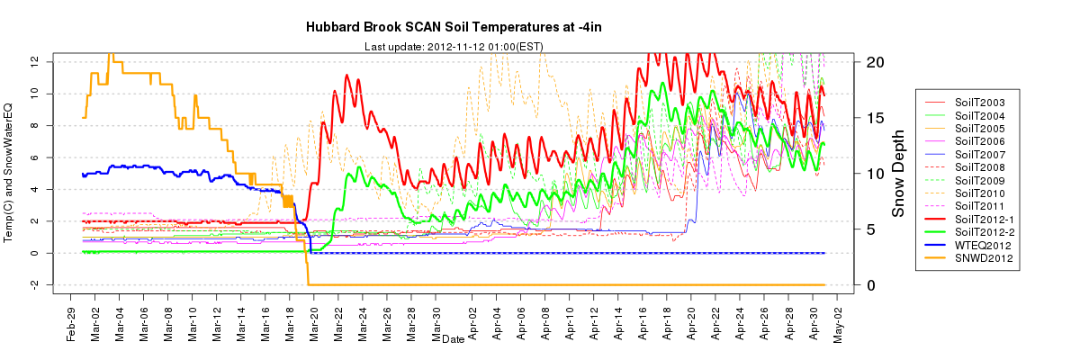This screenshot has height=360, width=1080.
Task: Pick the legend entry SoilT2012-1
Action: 982,219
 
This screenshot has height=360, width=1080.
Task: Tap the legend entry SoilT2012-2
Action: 982,232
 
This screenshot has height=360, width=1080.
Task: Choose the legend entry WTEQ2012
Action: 979,245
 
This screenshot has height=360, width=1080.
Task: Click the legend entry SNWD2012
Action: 979,258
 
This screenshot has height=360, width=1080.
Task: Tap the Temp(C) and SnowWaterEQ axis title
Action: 12,172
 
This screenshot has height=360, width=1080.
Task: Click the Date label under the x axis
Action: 453,339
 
